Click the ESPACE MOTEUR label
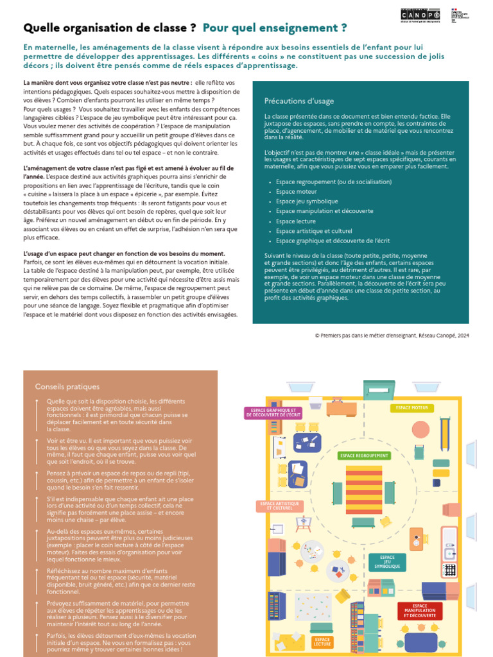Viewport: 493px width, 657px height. point(412,407)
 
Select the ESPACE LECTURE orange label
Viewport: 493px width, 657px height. point(323,642)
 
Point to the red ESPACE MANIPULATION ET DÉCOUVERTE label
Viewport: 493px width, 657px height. point(420,610)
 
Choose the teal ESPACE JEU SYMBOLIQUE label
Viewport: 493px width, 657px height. point(387,562)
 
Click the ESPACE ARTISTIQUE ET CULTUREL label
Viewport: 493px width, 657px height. point(279,506)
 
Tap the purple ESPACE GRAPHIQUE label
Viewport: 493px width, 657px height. point(273,413)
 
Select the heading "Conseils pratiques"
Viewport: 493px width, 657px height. point(67,386)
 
